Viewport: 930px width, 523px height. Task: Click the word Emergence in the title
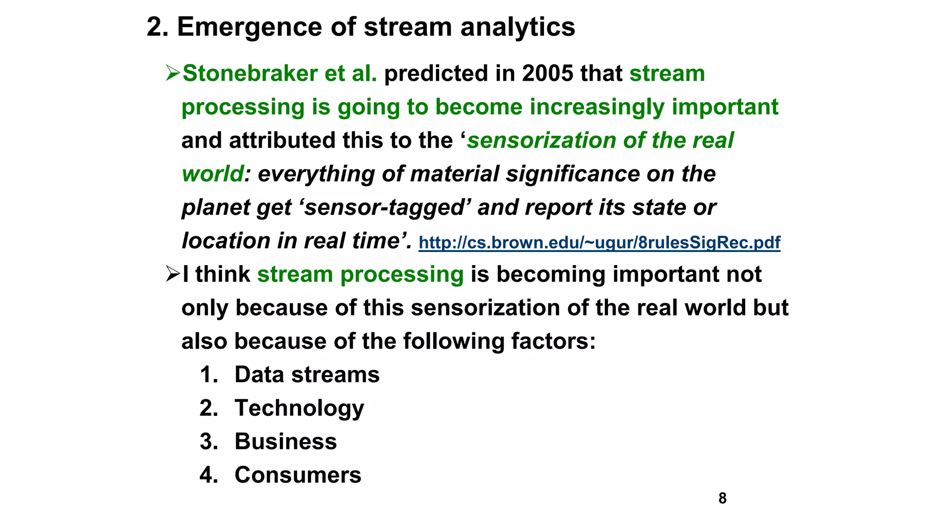point(249,27)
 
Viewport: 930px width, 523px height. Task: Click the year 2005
point(547,74)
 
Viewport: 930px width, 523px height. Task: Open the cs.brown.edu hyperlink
point(599,242)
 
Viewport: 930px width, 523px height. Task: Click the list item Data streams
point(307,375)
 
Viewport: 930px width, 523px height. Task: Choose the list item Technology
point(299,408)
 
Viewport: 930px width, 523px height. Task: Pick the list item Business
point(286,442)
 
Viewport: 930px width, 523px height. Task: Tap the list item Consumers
point(298,475)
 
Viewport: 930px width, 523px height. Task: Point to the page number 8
point(722,498)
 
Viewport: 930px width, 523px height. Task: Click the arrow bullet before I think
point(173,274)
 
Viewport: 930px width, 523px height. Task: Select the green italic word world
point(213,174)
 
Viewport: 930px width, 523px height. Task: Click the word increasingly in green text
point(597,107)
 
